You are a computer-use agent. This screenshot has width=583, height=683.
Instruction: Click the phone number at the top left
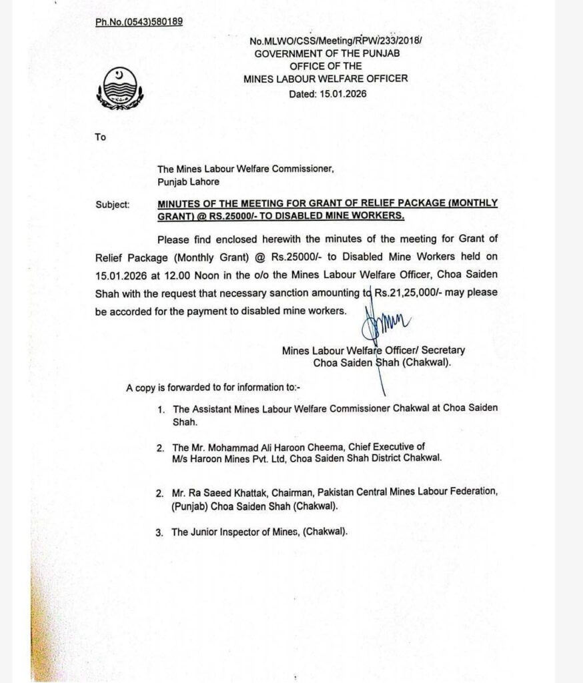(139, 22)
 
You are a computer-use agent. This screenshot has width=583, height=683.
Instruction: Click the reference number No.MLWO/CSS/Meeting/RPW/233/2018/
(336, 41)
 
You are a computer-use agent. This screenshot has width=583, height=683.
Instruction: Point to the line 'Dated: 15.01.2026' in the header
(328, 94)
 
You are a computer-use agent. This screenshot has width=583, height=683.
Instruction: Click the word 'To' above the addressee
(101, 137)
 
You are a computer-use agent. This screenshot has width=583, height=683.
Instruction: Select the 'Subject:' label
(113, 204)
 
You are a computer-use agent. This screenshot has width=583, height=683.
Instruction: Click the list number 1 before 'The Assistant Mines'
(161, 408)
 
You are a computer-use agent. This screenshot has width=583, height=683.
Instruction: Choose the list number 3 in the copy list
(159, 532)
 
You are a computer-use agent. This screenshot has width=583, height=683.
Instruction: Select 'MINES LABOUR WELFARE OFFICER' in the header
(326, 79)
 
